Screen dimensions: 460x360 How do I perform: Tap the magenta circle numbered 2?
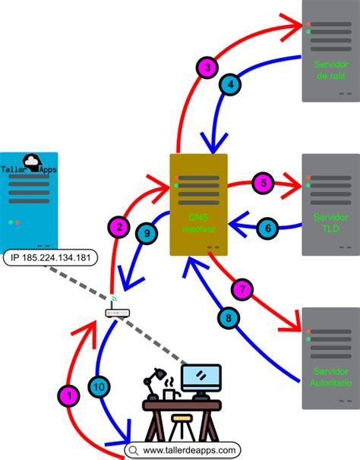(x=118, y=226)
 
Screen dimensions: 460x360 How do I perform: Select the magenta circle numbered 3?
(x=207, y=68)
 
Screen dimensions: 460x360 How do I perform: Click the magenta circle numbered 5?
(x=262, y=183)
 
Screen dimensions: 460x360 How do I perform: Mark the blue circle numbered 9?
(x=147, y=235)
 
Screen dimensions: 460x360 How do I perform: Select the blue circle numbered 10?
(x=99, y=386)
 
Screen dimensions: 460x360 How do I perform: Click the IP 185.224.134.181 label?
(x=50, y=258)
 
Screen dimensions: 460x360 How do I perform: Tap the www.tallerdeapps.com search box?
(x=182, y=449)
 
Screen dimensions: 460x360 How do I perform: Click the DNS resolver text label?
(x=197, y=222)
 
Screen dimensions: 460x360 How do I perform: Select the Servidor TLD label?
(x=330, y=222)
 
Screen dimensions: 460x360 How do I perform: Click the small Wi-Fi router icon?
(x=114, y=311)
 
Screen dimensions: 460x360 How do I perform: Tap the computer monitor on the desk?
(x=201, y=377)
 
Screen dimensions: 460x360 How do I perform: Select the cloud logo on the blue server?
(x=33, y=160)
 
